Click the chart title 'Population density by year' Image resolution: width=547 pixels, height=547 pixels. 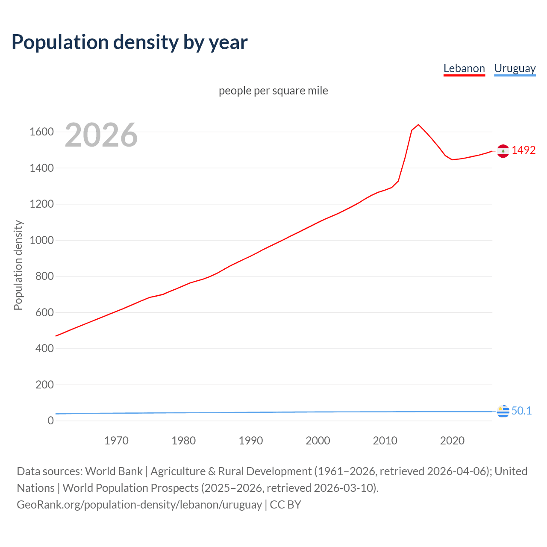(x=129, y=42)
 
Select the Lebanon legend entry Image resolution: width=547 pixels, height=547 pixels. (x=464, y=68)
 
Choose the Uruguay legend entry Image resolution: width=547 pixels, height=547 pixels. (x=515, y=68)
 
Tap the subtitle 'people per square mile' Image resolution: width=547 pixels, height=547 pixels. (x=273, y=91)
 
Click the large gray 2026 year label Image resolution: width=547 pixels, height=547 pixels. (x=101, y=135)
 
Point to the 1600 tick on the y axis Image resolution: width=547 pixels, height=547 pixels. (x=41, y=132)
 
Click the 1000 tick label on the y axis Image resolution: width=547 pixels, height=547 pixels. (x=41, y=240)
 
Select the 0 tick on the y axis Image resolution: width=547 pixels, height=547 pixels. (x=51, y=421)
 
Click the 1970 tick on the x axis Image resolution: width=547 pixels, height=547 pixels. (x=116, y=441)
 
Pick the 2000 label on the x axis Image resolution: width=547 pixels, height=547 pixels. (x=318, y=441)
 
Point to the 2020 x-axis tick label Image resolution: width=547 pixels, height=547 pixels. (x=452, y=441)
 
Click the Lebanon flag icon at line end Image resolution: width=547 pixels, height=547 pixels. (x=503, y=151)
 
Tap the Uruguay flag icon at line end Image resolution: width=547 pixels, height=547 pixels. (x=503, y=411)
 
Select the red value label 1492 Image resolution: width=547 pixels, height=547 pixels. (x=523, y=150)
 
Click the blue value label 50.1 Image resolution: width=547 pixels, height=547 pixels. (x=521, y=411)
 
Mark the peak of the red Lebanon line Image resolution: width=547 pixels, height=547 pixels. (x=418, y=124)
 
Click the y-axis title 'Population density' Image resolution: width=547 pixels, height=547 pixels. (x=18, y=265)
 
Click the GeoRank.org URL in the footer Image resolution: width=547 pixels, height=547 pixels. (x=139, y=505)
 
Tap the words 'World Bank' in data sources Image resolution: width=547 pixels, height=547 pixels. (x=114, y=471)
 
